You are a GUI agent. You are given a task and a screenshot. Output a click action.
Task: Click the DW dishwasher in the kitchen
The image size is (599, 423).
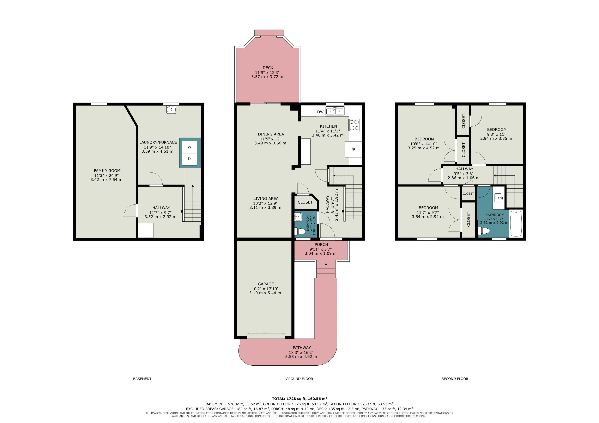coord(320,112)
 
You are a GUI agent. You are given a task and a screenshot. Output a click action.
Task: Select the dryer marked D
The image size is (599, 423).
coord(189,159)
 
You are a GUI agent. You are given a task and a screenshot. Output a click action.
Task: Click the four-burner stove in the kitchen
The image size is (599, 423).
coord(354,125)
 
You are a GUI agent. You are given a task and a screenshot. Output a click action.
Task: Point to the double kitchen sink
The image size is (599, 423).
coord(335,111)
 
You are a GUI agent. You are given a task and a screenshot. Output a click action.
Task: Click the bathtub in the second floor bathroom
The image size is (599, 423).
coord(516,223)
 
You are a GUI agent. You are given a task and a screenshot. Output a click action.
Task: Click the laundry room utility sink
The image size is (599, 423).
coord(171,109)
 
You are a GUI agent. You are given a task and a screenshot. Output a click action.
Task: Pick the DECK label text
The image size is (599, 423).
coord(268,68)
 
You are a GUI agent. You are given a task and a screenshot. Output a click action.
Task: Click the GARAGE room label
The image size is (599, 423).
coord(266,284)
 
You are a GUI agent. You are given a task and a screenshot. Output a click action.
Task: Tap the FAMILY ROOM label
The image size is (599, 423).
coord(107,171)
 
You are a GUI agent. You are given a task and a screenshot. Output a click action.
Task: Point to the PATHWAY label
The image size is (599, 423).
coord(302,347)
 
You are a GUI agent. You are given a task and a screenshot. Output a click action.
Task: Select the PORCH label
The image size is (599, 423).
coord(321,244)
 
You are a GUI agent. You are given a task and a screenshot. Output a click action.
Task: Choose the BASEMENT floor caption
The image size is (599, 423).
coord(142,379)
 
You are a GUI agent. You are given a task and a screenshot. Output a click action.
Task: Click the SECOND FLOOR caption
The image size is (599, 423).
coord(455,379)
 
